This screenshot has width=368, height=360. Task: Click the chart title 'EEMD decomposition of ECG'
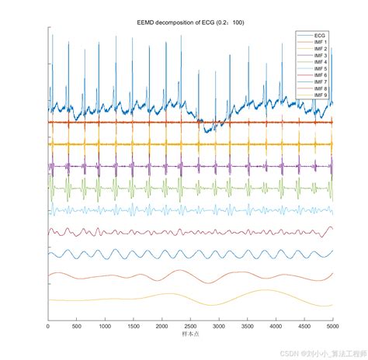click(x=190, y=22)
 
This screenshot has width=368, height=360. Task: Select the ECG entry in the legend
click(x=319, y=36)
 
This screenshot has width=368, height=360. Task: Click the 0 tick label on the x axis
click(x=48, y=327)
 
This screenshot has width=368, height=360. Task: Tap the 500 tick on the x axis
click(x=77, y=327)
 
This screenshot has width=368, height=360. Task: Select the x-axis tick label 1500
click(x=134, y=327)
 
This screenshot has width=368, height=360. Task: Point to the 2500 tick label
click(x=190, y=327)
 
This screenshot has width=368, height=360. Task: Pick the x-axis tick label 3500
click(x=248, y=327)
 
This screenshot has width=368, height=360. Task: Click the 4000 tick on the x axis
click(x=276, y=327)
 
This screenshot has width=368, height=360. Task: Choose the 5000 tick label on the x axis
click(x=332, y=327)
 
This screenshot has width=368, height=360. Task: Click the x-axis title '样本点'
click(x=190, y=334)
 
